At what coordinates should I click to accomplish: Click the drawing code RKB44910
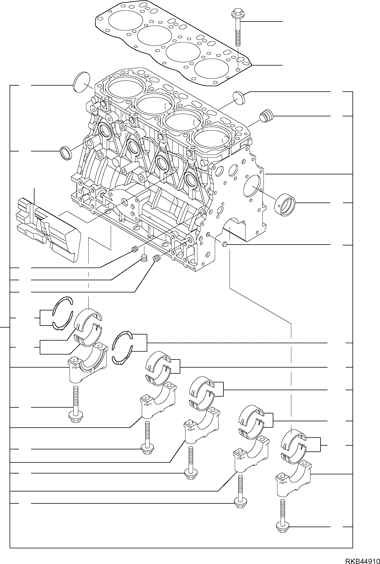tap(362, 559)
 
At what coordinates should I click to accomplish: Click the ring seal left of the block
tap(66, 153)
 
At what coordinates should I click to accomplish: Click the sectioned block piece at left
tap(48, 229)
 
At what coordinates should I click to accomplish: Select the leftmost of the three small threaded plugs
tap(134, 249)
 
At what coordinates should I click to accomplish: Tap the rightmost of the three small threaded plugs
tap(157, 258)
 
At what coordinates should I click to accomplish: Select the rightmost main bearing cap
tap(293, 480)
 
